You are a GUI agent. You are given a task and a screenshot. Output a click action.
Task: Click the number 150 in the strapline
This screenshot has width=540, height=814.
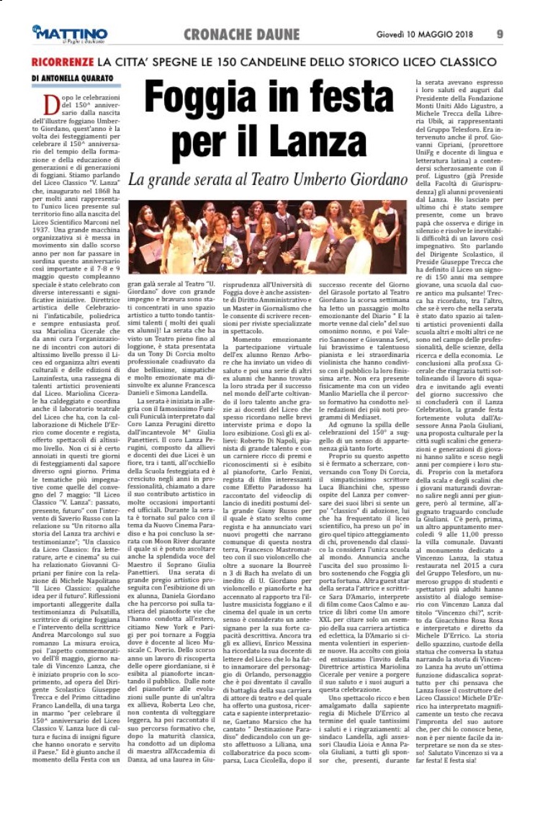pos(248,61)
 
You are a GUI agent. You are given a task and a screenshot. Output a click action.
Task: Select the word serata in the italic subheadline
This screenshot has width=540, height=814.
pos(225,179)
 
